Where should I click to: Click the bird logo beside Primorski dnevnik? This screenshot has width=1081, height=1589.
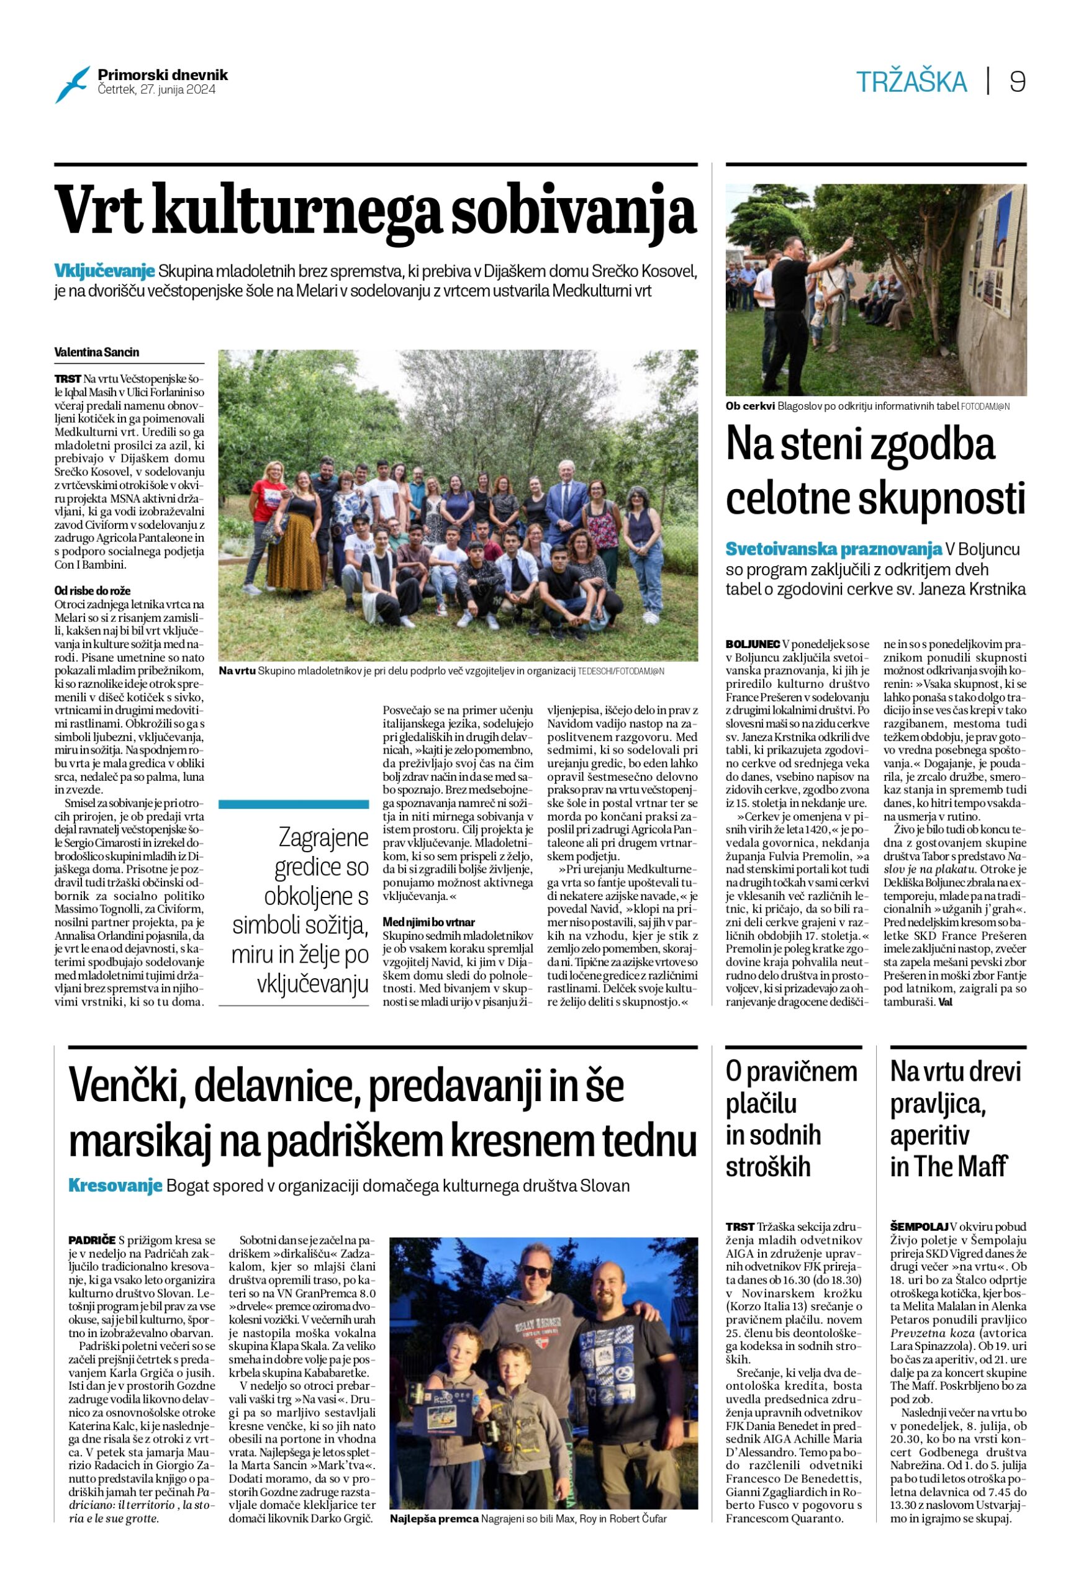point(73,83)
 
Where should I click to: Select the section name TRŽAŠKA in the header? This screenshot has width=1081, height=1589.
point(911,83)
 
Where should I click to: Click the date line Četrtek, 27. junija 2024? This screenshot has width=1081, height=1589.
point(156,89)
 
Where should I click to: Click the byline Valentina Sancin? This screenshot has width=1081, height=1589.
point(97,352)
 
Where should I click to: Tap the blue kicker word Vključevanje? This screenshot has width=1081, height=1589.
point(104,271)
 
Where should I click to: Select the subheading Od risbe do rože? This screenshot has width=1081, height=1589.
point(93,591)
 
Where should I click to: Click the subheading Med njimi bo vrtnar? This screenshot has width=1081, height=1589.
point(428,922)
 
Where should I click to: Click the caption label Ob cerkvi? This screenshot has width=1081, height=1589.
point(750,407)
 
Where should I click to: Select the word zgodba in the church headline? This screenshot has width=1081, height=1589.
point(925,444)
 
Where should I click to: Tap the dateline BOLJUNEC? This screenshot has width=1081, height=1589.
point(753,644)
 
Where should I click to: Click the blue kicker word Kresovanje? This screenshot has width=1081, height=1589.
point(115,1186)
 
